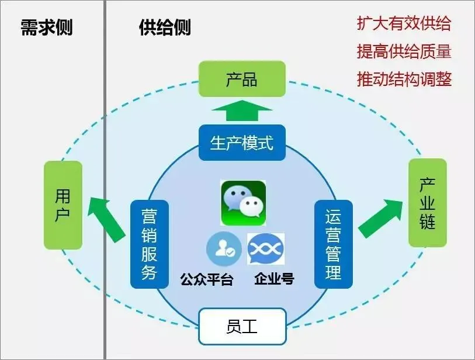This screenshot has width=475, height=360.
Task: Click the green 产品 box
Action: click(x=242, y=79)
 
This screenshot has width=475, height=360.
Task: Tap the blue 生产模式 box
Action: click(x=242, y=143)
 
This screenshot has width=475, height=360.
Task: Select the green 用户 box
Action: click(x=63, y=205)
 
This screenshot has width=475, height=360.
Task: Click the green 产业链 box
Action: click(x=427, y=203)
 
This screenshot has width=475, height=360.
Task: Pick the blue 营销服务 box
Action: click(x=149, y=244)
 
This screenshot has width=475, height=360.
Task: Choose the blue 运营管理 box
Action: click(x=333, y=244)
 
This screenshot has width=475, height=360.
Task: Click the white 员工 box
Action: click(x=242, y=326)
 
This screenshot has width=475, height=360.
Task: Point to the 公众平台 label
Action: click(x=207, y=280)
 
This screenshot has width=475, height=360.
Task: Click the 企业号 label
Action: click(x=274, y=280)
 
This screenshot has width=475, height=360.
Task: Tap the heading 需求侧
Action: click(x=47, y=27)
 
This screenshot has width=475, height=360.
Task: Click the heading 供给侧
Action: click(x=165, y=27)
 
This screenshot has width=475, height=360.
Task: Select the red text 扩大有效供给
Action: click(x=404, y=24)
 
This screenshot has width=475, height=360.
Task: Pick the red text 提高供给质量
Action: click(x=404, y=51)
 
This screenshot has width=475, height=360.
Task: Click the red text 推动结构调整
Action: click(x=404, y=79)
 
